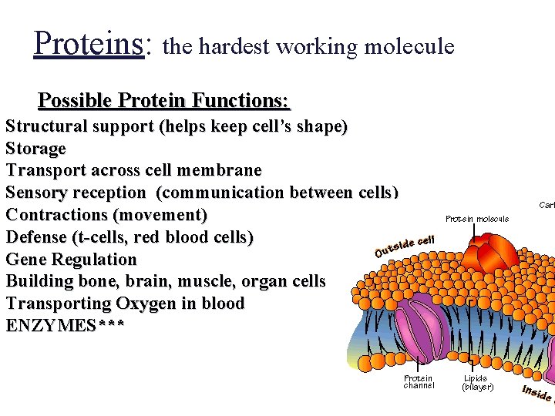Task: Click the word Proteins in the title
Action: coord(89,44)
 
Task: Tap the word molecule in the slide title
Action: coord(409,47)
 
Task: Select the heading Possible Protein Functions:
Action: coord(164,101)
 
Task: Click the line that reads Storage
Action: coord(36,148)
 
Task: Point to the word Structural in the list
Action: coord(45,126)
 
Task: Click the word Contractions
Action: coord(58,215)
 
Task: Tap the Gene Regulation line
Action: coord(71,260)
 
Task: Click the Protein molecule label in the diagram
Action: coord(477,219)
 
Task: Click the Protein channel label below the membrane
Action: coord(419,381)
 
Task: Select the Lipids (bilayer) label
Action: coord(478,382)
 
